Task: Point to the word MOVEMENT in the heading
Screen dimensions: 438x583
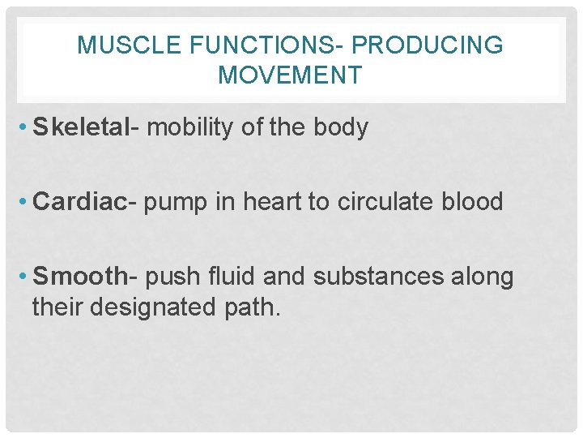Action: pyautogui.click(x=290, y=75)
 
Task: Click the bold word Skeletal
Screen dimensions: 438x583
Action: pyautogui.click(x=80, y=127)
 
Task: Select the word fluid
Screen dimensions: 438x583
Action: pyautogui.click(x=231, y=277)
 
